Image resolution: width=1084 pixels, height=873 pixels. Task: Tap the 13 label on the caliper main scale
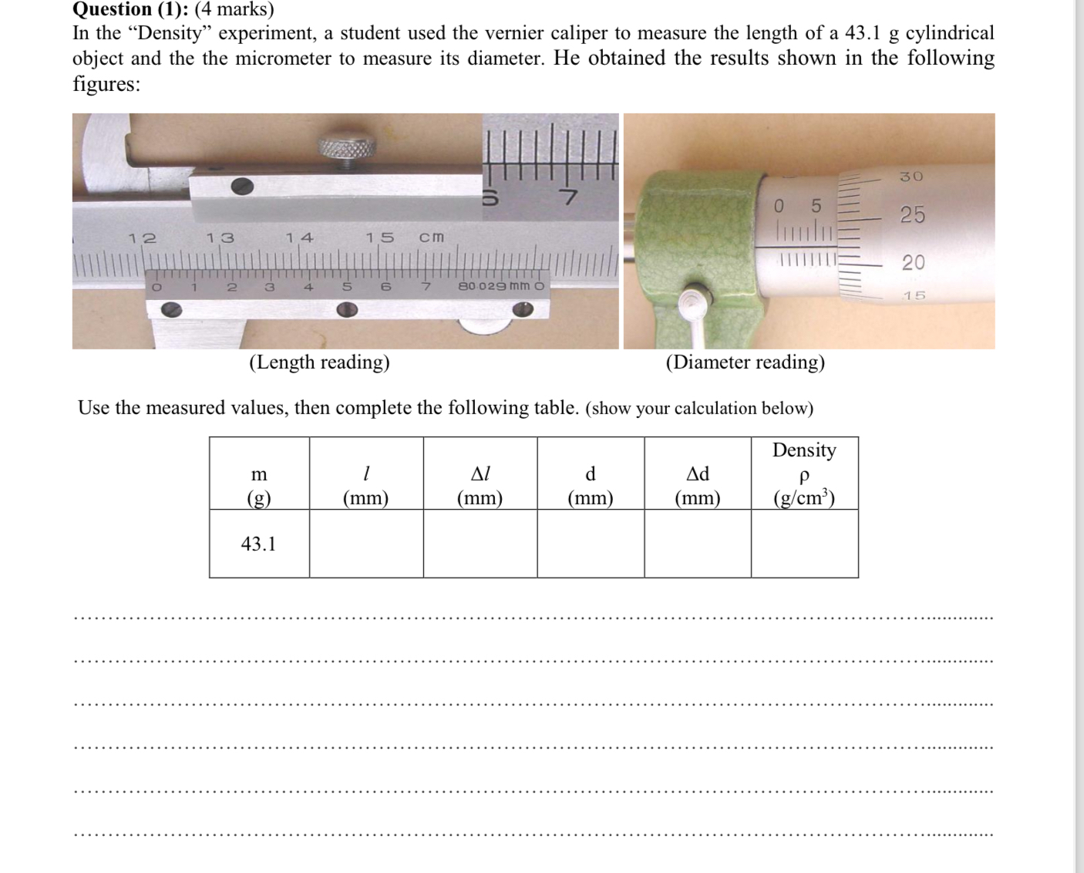[220, 238]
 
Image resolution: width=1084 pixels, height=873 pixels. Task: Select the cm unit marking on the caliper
[431, 237]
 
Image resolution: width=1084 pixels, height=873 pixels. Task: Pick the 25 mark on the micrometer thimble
[913, 214]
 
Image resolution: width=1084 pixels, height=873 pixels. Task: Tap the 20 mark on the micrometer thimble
[913, 262]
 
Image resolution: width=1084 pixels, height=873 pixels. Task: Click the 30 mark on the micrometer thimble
[911, 177]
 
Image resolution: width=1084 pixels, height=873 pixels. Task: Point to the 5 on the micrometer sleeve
[816, 207]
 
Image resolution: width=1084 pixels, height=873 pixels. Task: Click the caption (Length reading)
[319, 362]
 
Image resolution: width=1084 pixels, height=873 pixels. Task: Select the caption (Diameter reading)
[745, 362]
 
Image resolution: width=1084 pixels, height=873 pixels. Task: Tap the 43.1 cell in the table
[258, 544]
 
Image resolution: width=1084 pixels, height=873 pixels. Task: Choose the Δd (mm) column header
[697, 485]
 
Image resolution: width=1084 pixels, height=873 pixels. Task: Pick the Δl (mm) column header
[480, 485]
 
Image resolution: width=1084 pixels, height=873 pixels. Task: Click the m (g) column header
[259, 485]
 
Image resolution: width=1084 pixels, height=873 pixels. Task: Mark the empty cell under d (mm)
[590, 544]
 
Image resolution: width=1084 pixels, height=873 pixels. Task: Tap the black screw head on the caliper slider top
[242, 186]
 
